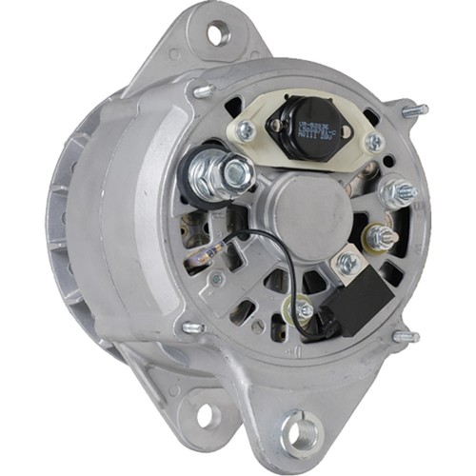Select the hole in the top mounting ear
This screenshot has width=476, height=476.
pos(218,34)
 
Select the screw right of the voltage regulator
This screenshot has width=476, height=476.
pos(373,143)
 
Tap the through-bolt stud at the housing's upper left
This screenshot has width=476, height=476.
pos(200,90)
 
